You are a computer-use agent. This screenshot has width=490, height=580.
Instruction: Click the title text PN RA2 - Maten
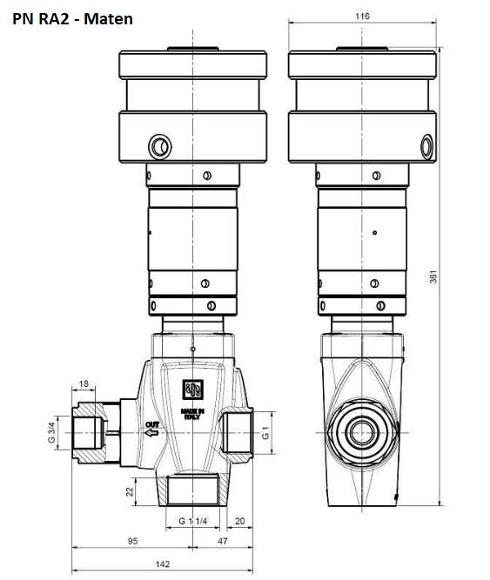(72, 19)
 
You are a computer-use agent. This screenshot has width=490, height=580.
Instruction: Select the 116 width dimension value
(362, 17)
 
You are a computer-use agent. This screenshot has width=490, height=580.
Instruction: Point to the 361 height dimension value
(433, 277)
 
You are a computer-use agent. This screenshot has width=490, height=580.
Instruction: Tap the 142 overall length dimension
(163, 564)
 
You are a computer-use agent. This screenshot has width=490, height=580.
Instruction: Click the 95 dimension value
(132, 541)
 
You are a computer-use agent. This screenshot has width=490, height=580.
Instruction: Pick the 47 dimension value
(223, 541)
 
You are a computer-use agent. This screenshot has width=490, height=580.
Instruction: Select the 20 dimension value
(240, 521)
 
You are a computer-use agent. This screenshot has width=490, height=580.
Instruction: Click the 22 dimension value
(129, 491)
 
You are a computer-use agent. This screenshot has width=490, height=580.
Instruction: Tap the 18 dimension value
(84, 384)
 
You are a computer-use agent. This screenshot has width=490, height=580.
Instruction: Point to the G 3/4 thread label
(51, 432)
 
